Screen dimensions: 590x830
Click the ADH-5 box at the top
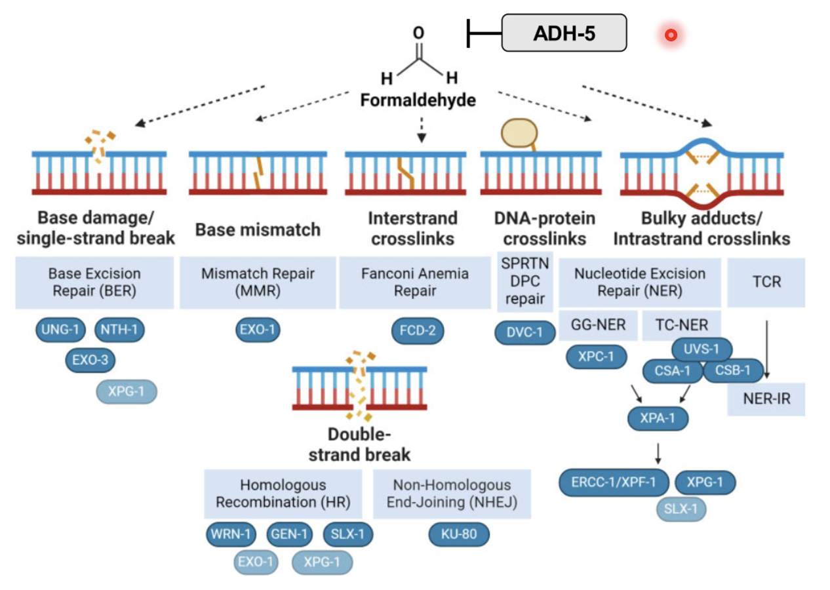(x=564, y=33)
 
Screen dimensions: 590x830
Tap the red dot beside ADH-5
(x=670, y=35)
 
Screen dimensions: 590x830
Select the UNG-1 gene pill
(x=60, y=331)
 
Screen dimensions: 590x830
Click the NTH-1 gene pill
(x=119, y=331)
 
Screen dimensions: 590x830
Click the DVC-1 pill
(x=524, y=332)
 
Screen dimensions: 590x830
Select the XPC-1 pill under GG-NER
(x=597, y=357)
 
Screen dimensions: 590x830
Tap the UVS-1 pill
(x=702, y=349)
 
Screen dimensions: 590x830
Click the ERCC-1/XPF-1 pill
(x=614, y=483)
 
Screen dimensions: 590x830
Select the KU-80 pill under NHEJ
(x=460, y=534)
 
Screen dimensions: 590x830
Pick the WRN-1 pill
(x=231, y=534)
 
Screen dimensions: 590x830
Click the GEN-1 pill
(x=288, y=534)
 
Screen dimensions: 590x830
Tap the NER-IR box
(x=766, y=399)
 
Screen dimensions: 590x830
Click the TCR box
(x=766, y=282)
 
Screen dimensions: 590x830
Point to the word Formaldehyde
(x=418, y=101)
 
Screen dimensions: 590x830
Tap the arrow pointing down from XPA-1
(x=658, y=452)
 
